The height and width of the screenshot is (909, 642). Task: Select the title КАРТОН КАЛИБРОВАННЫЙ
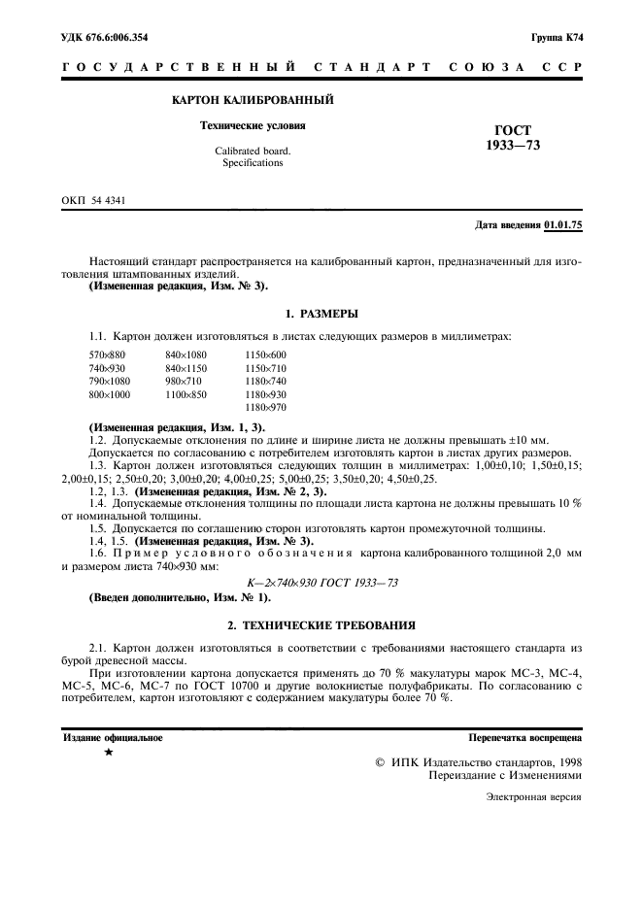tap(253, 100)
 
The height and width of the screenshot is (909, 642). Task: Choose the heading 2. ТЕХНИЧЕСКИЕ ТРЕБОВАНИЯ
tap(321, 624)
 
